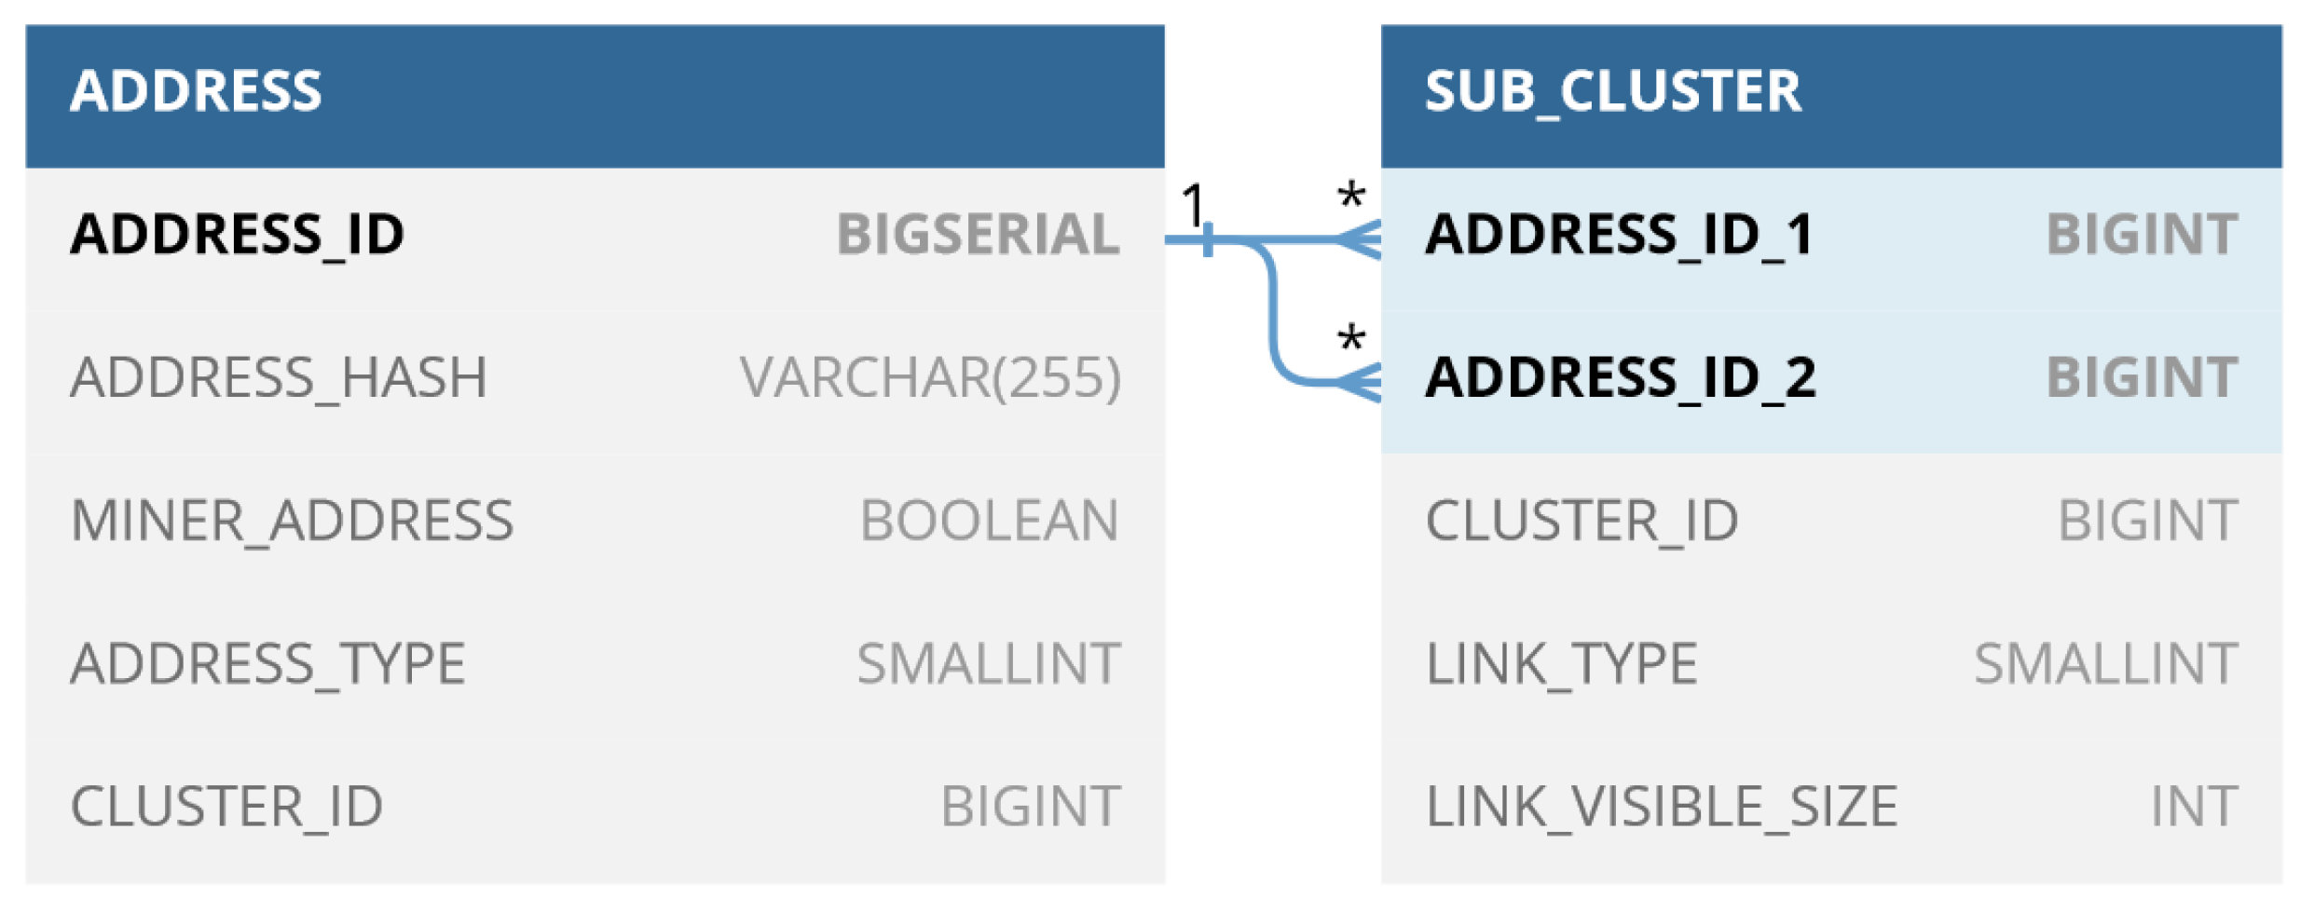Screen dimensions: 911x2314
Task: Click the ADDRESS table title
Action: (196, 91)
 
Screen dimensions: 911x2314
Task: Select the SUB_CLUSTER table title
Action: (1612, 91)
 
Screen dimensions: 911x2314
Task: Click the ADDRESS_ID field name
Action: (238, 234)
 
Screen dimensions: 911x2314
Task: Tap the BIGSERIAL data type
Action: (978, 234)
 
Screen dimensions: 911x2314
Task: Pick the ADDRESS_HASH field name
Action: (279, 377)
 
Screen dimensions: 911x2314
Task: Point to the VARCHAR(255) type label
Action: (930, 377)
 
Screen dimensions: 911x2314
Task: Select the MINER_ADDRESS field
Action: (292, 520)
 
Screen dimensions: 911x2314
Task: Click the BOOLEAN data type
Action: (989, 520)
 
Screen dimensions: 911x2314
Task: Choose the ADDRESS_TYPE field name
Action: (267, 663)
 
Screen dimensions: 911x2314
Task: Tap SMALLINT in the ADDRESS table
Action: (988, 663)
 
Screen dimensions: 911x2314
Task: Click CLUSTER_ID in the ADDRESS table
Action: (226, 806)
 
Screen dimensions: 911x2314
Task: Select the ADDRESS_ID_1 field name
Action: (1620, 234)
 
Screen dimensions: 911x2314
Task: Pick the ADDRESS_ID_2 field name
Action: (1621, 377)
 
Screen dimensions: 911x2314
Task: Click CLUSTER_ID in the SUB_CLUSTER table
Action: (1581, 520)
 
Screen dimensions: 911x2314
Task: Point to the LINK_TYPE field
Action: (1561, 663)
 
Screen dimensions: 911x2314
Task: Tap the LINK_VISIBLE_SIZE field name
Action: (1661, 806)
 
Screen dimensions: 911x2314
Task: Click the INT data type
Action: (2194, 806)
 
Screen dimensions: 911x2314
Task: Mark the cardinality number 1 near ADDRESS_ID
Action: (1192, 204)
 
